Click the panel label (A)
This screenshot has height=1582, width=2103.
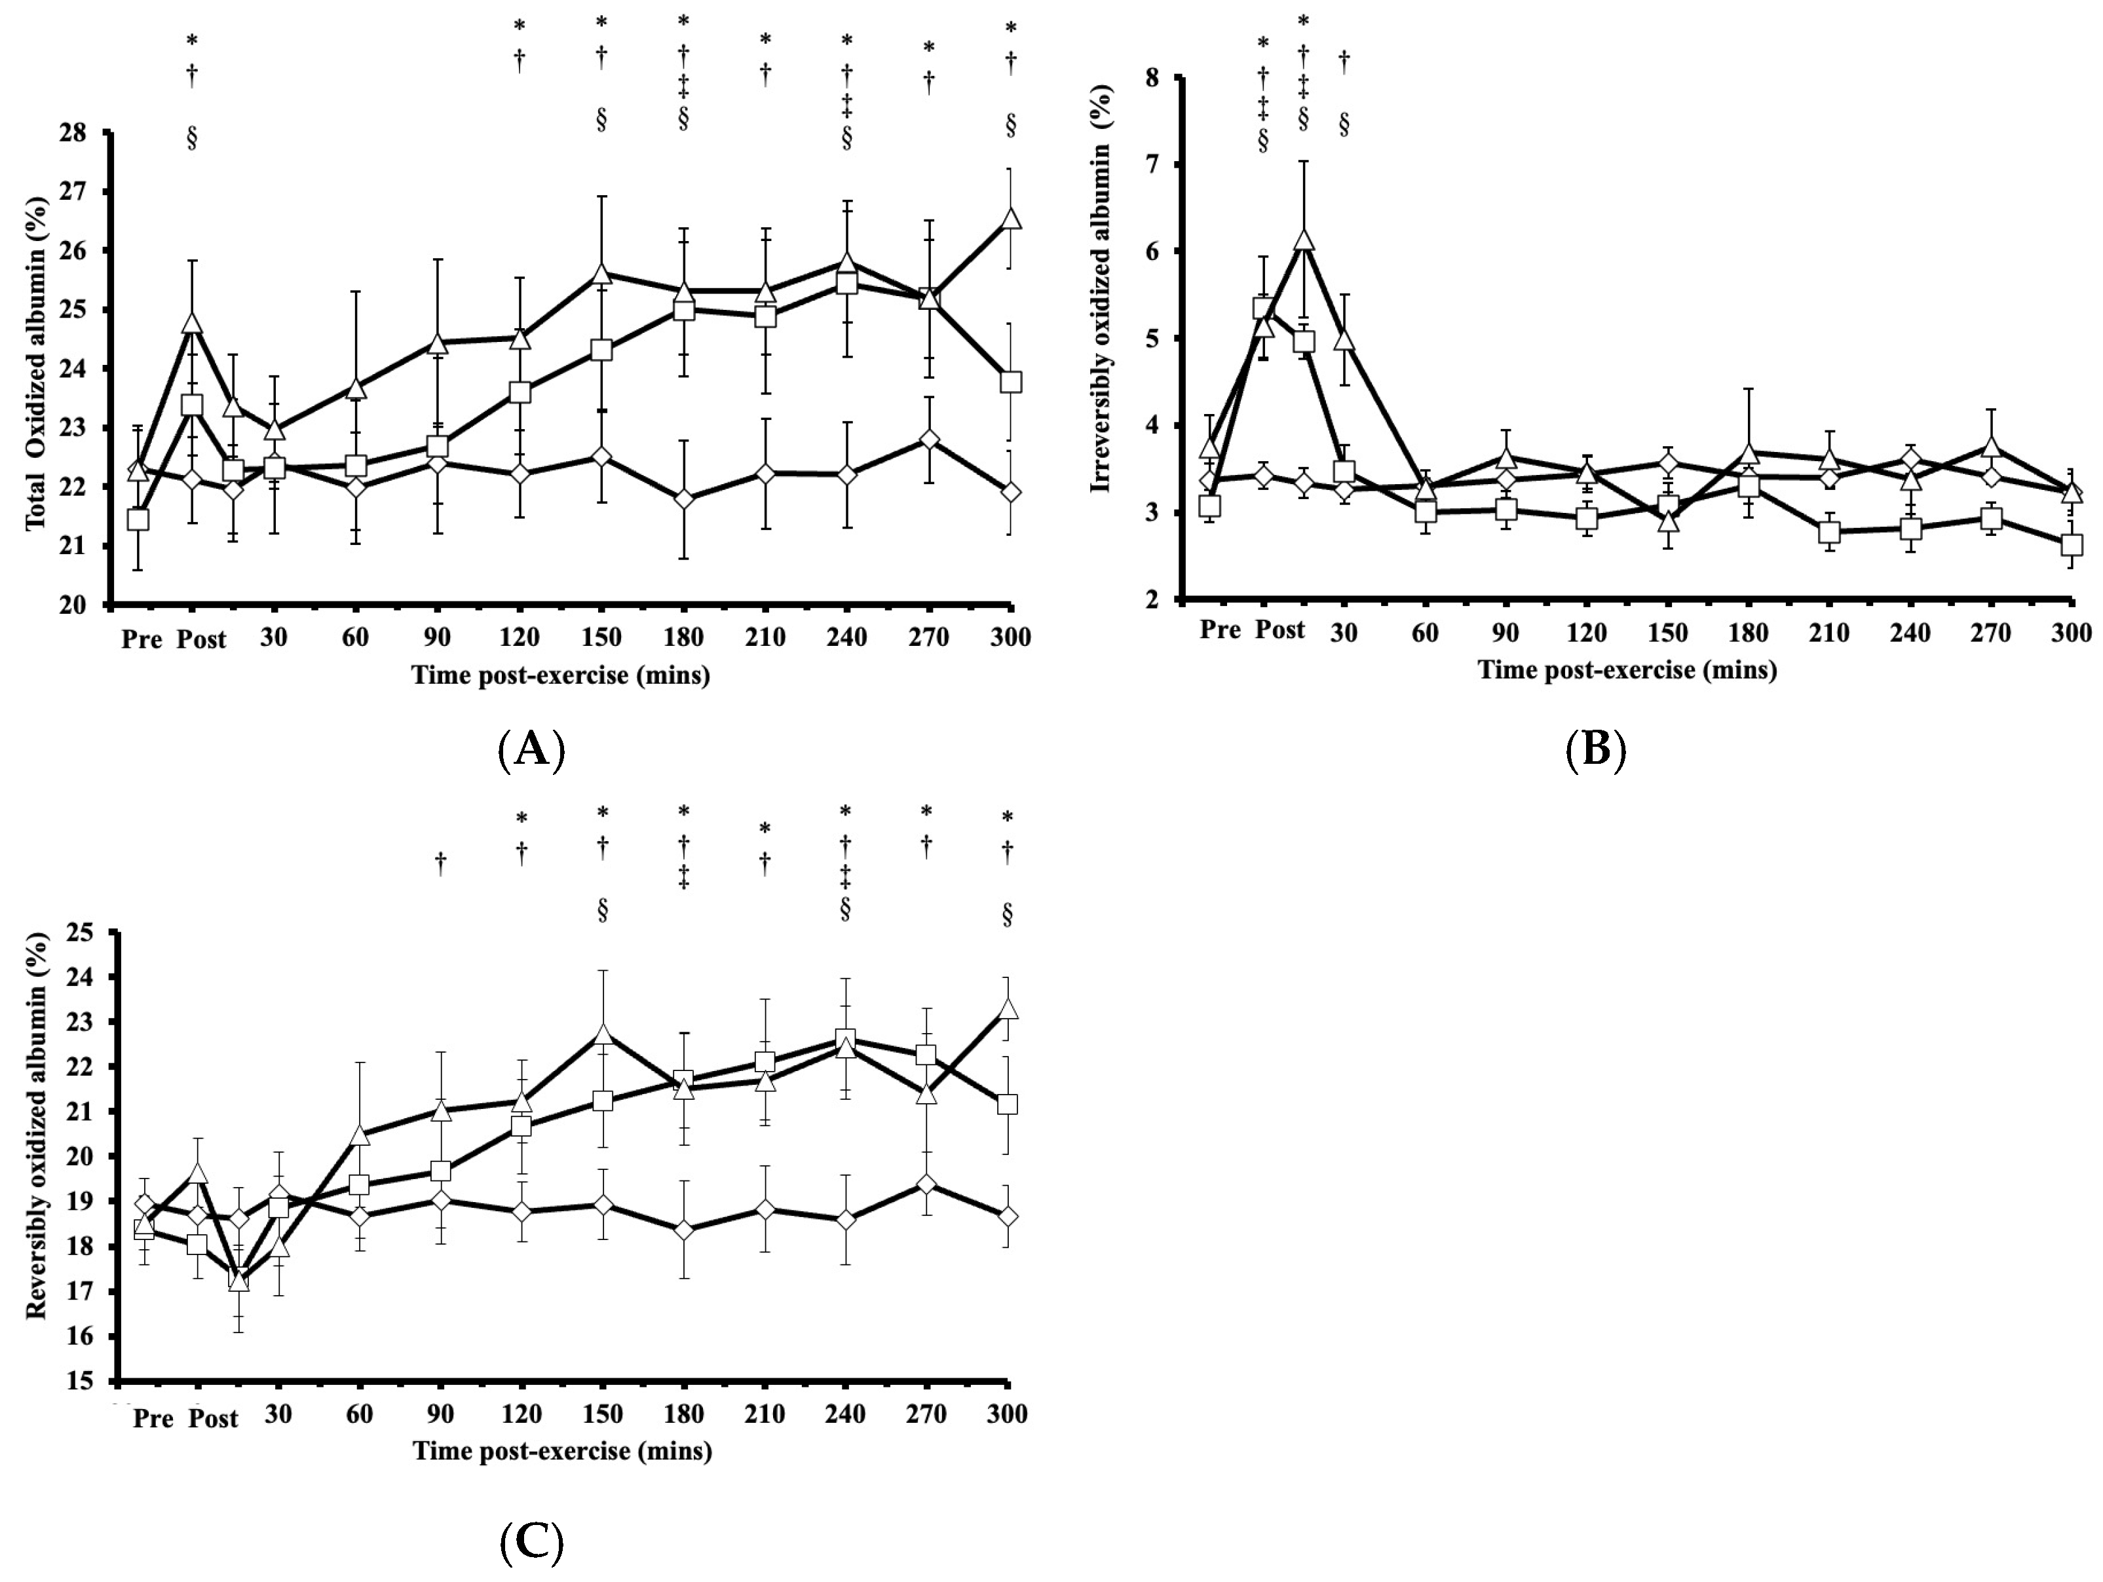point(531,750)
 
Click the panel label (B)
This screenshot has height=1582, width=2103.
point(1595,750)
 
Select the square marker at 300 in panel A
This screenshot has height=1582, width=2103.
point(1011,382)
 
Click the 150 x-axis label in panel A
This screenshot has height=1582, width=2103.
point(601,638)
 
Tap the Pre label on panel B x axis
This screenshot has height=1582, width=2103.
point(1220,630)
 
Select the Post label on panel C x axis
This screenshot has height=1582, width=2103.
point(213,1418)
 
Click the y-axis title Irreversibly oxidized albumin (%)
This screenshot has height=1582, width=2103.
point(1102,318)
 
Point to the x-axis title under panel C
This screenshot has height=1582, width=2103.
point(562,1452)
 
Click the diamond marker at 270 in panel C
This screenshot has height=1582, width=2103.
point(927,1184)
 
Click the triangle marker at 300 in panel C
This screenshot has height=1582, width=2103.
point(1008,1009)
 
